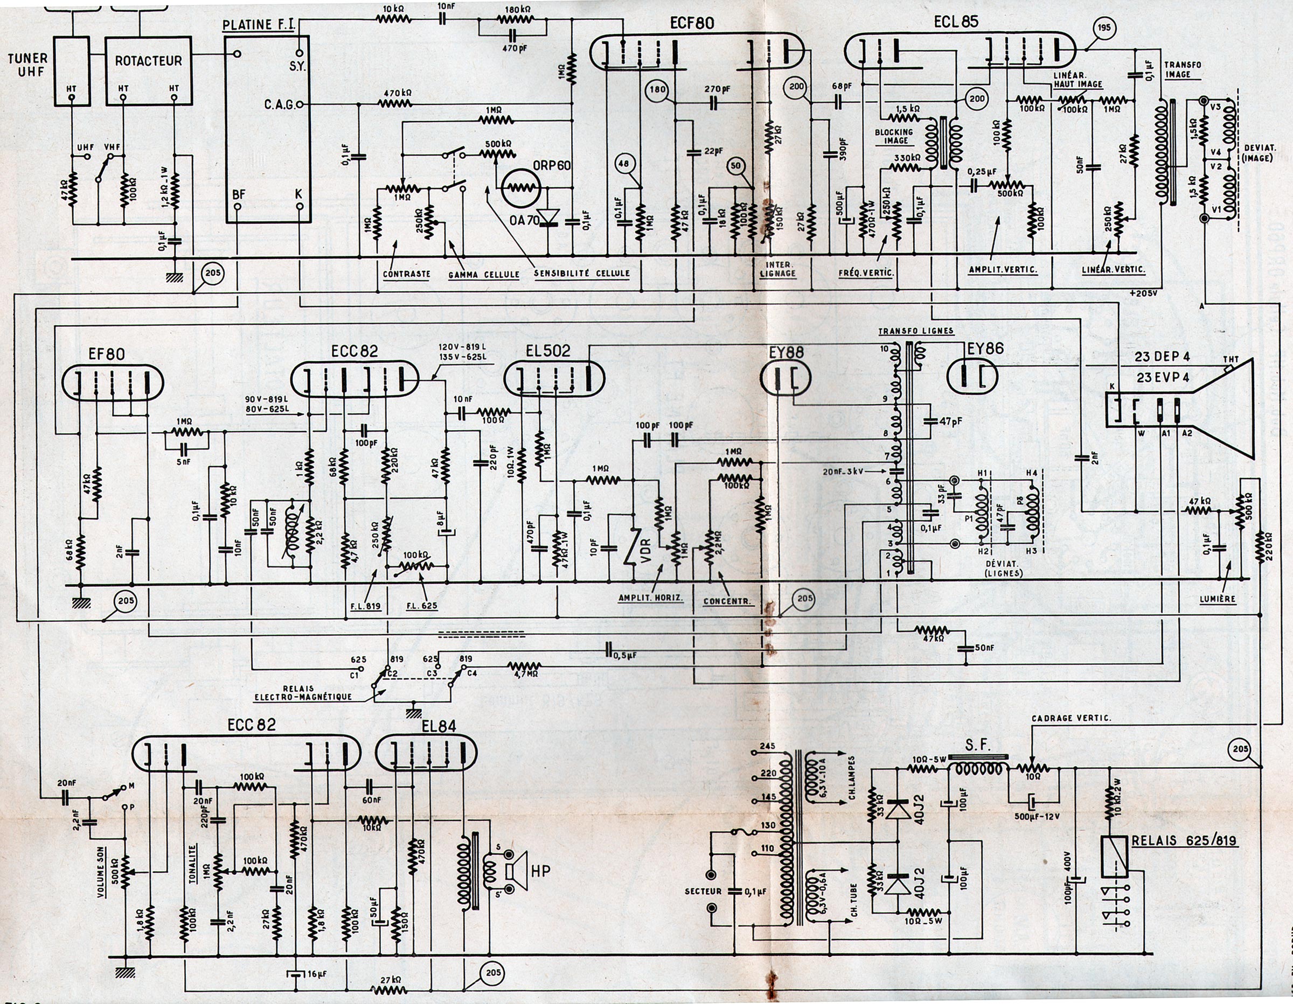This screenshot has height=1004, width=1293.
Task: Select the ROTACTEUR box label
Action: (x=148, y=61)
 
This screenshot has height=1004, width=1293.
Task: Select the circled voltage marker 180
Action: (x=658, y=90)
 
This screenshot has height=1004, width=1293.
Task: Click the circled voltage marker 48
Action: (x=624, y=165)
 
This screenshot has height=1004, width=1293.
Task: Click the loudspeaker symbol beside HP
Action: (x=512, y=870)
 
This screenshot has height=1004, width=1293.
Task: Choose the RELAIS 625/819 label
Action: (x=1184, y=841)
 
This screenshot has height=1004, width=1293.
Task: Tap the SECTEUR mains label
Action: (x=703, y=891)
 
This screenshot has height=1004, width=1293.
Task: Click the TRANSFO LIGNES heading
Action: (x=916, y=331)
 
